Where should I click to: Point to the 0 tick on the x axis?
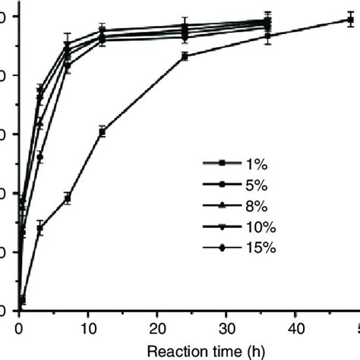20,327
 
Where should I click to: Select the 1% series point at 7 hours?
68,198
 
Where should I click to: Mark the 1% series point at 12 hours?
103,131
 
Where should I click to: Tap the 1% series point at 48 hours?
350,21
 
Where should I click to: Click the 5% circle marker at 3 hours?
40,157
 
